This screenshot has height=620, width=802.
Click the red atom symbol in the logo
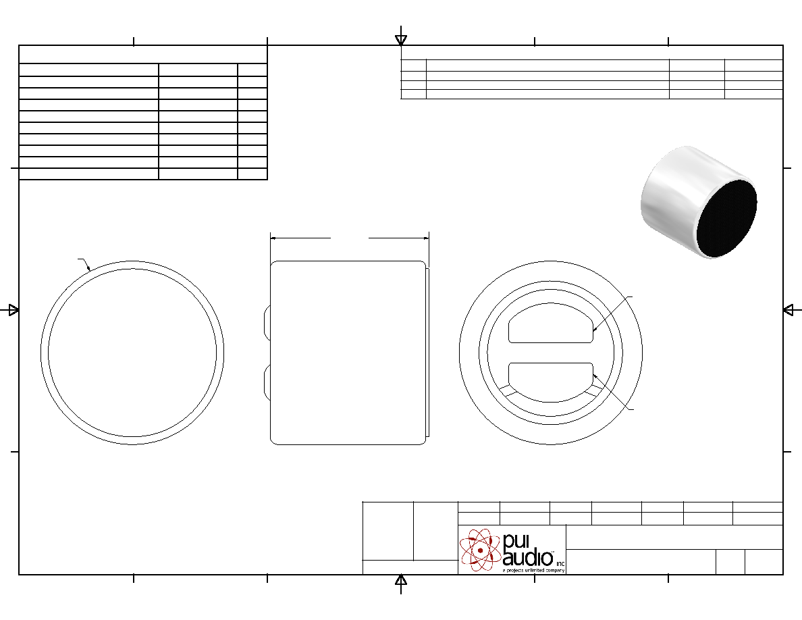click(x=480, y=550)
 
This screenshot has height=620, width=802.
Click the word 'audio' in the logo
click(x=527, y=558)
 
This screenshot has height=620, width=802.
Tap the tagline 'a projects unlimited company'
click(x=533, y=570)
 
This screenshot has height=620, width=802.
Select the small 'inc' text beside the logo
click(x=560, y=563)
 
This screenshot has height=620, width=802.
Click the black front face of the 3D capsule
click(x=726, y=218)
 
